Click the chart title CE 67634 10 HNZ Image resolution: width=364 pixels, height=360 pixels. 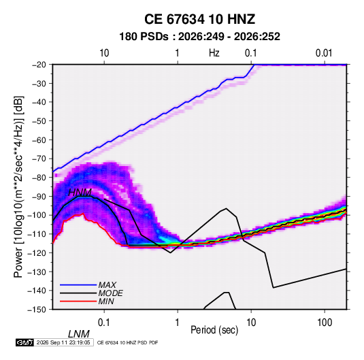tap(199, 19)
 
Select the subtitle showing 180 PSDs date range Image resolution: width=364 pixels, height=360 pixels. tap(199, 37)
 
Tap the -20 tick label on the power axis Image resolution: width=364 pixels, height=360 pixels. tap(39, 65)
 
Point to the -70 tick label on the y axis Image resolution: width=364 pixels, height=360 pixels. tap(39, 159)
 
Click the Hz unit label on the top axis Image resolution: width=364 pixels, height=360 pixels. tap(214, 53)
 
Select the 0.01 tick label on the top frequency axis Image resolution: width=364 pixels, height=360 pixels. tap(324, 53)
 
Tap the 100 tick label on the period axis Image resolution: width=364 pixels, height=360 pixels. tap(325, 323)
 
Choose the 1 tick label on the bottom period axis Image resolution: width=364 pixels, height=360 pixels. tap(178, 323)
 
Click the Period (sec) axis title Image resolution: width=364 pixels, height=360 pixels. tap(214, 330)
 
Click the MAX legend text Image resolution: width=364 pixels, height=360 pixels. tap(107, 285)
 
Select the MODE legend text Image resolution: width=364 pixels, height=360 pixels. tap(110, 293)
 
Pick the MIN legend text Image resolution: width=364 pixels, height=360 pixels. tap(106, 301)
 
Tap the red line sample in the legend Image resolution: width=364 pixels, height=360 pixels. tap(78, 301)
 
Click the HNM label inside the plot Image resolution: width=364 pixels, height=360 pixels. tap(80, 193)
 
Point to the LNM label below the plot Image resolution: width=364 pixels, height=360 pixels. tap(79, 334)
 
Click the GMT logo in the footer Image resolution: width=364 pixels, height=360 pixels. tap(24, 342)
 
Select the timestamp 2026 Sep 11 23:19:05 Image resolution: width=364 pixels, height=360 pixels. tap(63, 342)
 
